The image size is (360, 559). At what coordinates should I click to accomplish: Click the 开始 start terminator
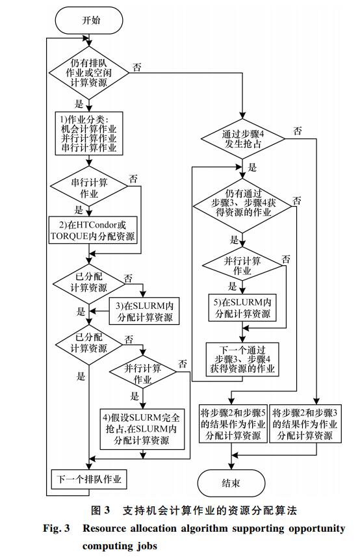(89, 20)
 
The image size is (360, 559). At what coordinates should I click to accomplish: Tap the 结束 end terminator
(231, 483)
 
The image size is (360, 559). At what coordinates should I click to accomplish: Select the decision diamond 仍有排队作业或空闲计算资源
(89, 73)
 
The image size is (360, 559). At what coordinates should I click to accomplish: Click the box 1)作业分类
(89, 133)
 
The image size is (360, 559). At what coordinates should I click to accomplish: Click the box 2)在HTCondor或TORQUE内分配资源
(93, 230)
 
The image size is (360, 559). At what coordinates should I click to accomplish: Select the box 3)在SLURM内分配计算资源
(144, 311)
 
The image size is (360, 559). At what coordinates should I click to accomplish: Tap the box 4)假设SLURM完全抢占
(142, 429)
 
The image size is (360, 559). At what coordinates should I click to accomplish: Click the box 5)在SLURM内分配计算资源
(242, 307)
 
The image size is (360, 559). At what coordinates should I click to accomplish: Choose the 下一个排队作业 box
(89, 479)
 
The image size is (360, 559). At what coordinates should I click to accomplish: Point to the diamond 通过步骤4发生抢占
(243, 138)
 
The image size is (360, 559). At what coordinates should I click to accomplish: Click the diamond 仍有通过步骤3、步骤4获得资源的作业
(243, 206)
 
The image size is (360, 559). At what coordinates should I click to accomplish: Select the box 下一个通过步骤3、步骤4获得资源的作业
(242, 359)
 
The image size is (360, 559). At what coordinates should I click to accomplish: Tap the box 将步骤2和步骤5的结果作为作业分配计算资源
(233, 424)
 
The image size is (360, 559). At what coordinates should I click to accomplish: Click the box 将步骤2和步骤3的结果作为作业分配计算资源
(305, 424)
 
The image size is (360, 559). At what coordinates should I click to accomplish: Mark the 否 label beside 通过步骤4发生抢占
(298, 131)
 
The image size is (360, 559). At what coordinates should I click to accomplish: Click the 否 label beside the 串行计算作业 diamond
(133, 179)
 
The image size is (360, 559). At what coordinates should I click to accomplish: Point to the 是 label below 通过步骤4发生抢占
(252, 167)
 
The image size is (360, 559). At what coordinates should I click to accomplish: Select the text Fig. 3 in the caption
(57, 528)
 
